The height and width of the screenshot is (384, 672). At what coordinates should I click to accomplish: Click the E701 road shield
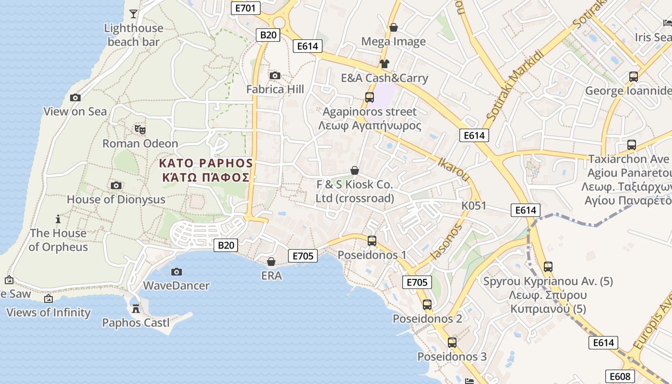tap(246, 8)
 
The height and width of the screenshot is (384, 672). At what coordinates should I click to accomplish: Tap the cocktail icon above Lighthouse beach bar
tap(133, 13)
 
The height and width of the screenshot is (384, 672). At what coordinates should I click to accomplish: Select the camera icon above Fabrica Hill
tap(275, 75)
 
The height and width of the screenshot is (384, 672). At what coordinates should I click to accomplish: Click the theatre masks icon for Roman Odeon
tap(140, 129)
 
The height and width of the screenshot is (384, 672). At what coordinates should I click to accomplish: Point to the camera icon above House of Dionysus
tap(116, 185)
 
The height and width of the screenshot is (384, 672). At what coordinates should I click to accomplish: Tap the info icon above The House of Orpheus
tap(58, 219)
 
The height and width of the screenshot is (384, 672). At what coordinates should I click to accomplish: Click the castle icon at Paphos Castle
tap(136, 308)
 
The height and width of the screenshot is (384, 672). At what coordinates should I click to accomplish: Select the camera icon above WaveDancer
tap(177, 272)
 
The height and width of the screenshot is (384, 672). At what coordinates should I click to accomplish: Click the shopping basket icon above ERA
tap(271, 262)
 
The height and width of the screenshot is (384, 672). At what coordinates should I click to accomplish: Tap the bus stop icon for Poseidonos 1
tap(372, 240)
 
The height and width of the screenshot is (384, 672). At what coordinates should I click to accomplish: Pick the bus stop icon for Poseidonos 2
tap(427, 304)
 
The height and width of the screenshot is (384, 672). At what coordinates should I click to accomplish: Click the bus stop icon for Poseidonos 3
tap(452, 342)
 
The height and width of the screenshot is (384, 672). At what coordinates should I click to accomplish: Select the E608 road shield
tap(620, 376)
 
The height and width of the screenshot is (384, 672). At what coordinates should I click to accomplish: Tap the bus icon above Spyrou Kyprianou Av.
tap(548, 266)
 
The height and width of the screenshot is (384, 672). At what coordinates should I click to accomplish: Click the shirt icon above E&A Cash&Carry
tap(384, 63)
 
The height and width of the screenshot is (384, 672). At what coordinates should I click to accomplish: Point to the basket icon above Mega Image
tap(394, 27)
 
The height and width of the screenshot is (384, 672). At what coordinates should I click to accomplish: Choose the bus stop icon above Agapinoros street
tap(370, 97)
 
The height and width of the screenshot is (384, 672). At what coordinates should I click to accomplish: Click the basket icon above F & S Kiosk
tap(355, 170)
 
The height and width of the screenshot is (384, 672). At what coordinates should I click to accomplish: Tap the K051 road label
tap(474, 206)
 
